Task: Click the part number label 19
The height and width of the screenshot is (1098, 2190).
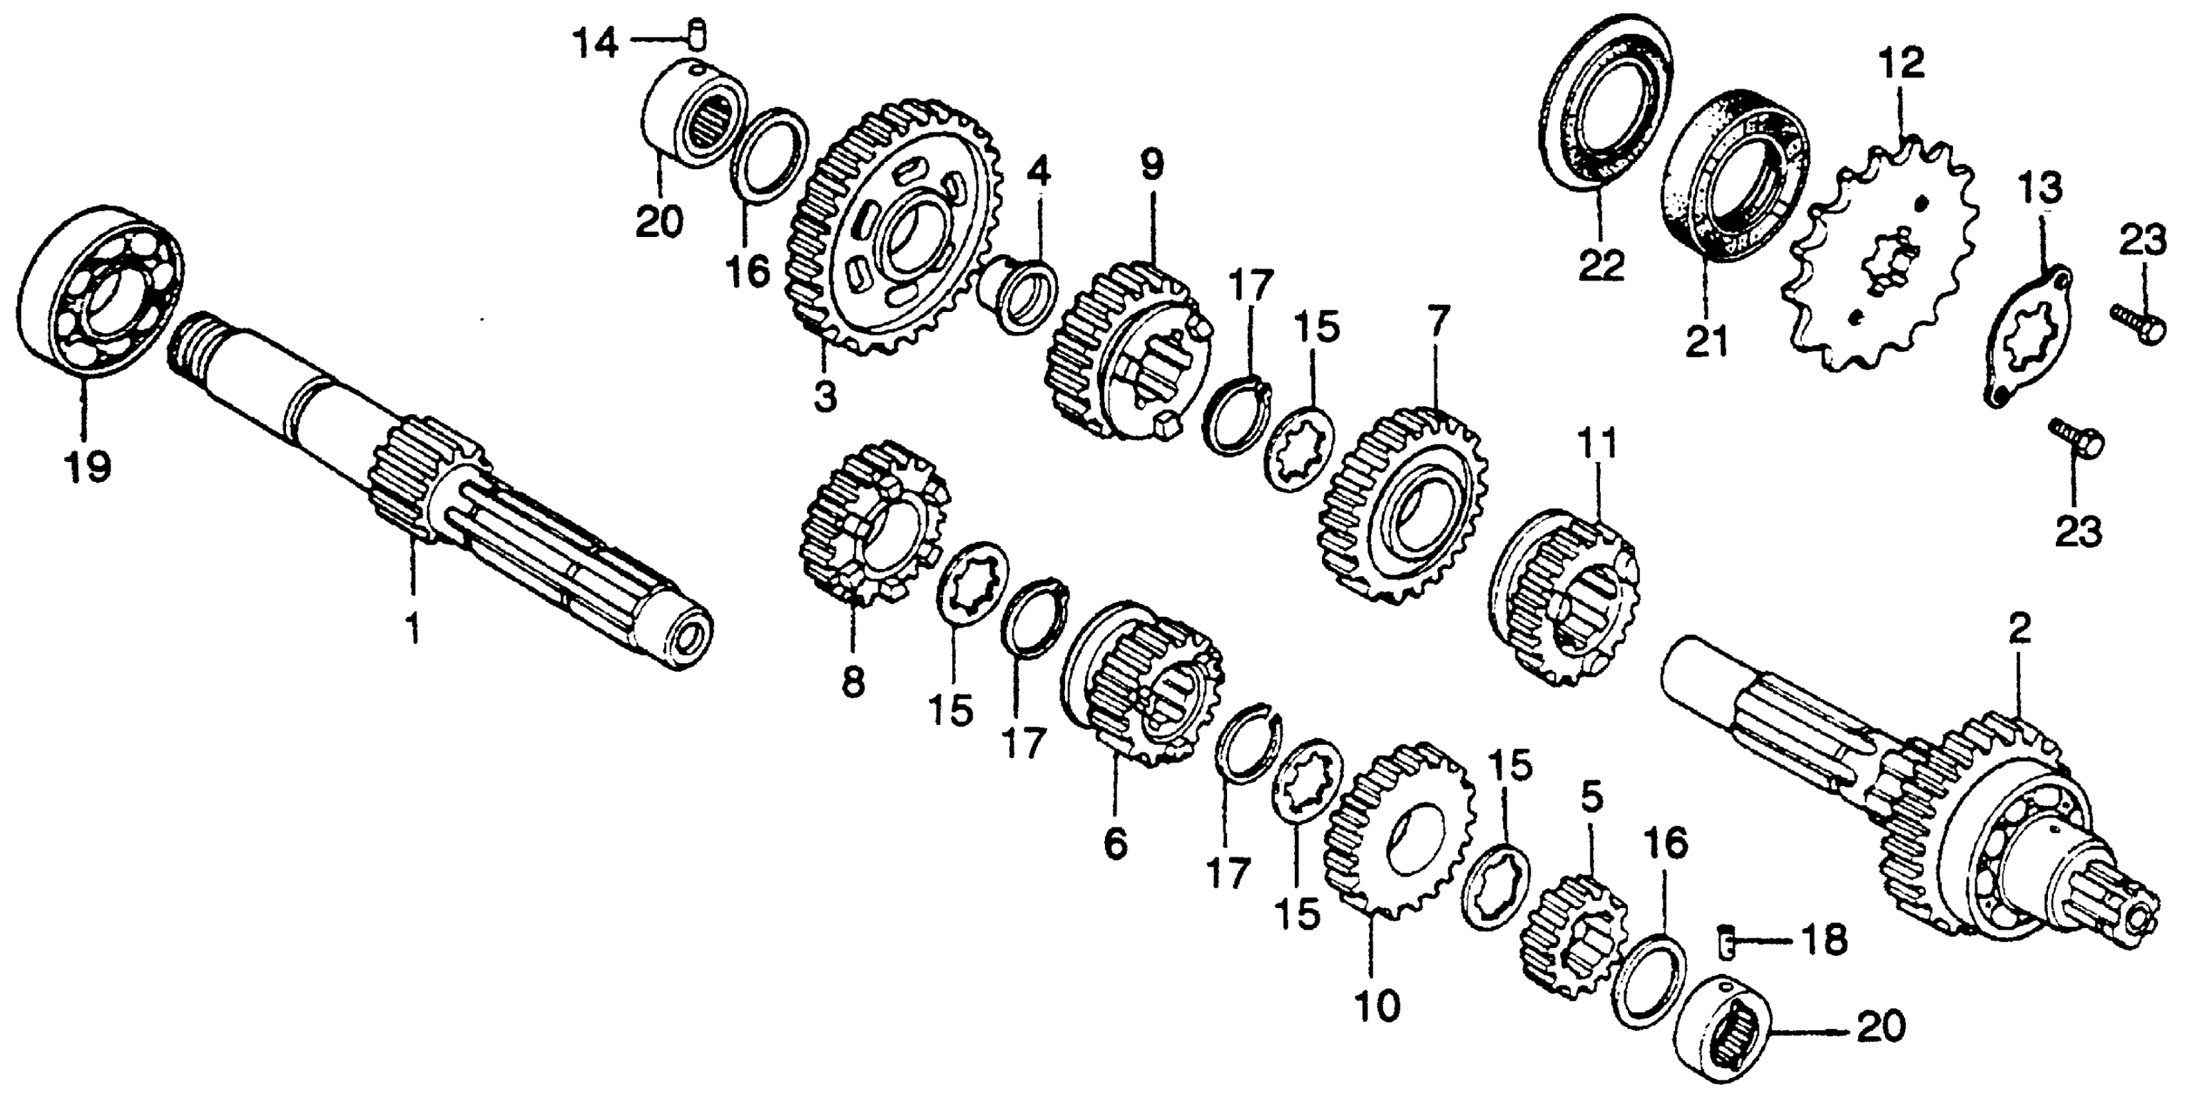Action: [88, 466]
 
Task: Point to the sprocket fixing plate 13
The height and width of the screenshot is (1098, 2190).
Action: [2032, 336]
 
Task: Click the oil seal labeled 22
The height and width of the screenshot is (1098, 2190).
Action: [1603, 110]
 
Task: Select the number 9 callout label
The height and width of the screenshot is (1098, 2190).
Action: [1152, 165]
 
